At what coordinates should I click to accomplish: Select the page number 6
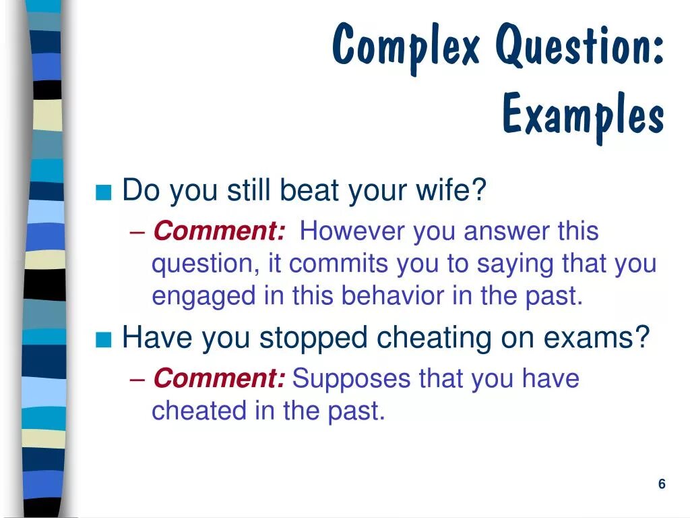point(662,484)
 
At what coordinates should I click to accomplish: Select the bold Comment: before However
point(219,231)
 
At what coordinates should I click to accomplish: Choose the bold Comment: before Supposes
point(219,378)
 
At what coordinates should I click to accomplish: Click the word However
point(352,231)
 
